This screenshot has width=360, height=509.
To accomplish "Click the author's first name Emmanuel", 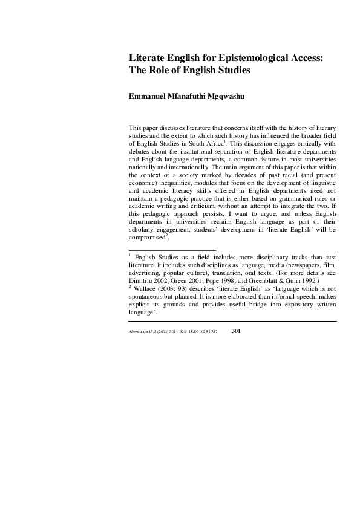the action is pyautogui.click(x=150, y=96).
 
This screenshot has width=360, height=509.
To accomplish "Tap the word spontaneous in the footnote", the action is pyautogui.click(x=146, y=297).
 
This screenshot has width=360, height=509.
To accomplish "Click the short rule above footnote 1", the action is pyautogui.click(x=172, y=250).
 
